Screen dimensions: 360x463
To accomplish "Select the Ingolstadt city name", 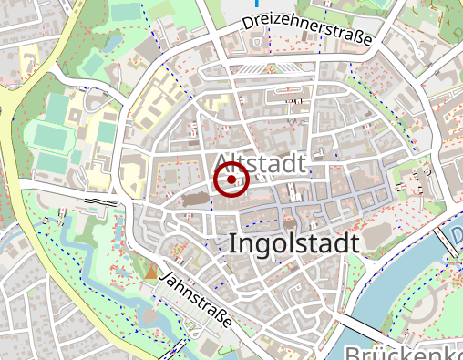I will pyautogui.click(x=294, y=244).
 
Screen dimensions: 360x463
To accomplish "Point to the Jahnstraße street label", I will pyautogui.click(x=196, y=300).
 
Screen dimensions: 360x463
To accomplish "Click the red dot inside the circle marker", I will pyautogui.click(x=231, y=180).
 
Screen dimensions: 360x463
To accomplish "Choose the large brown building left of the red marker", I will pyautogui.click(x=194, y=195).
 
